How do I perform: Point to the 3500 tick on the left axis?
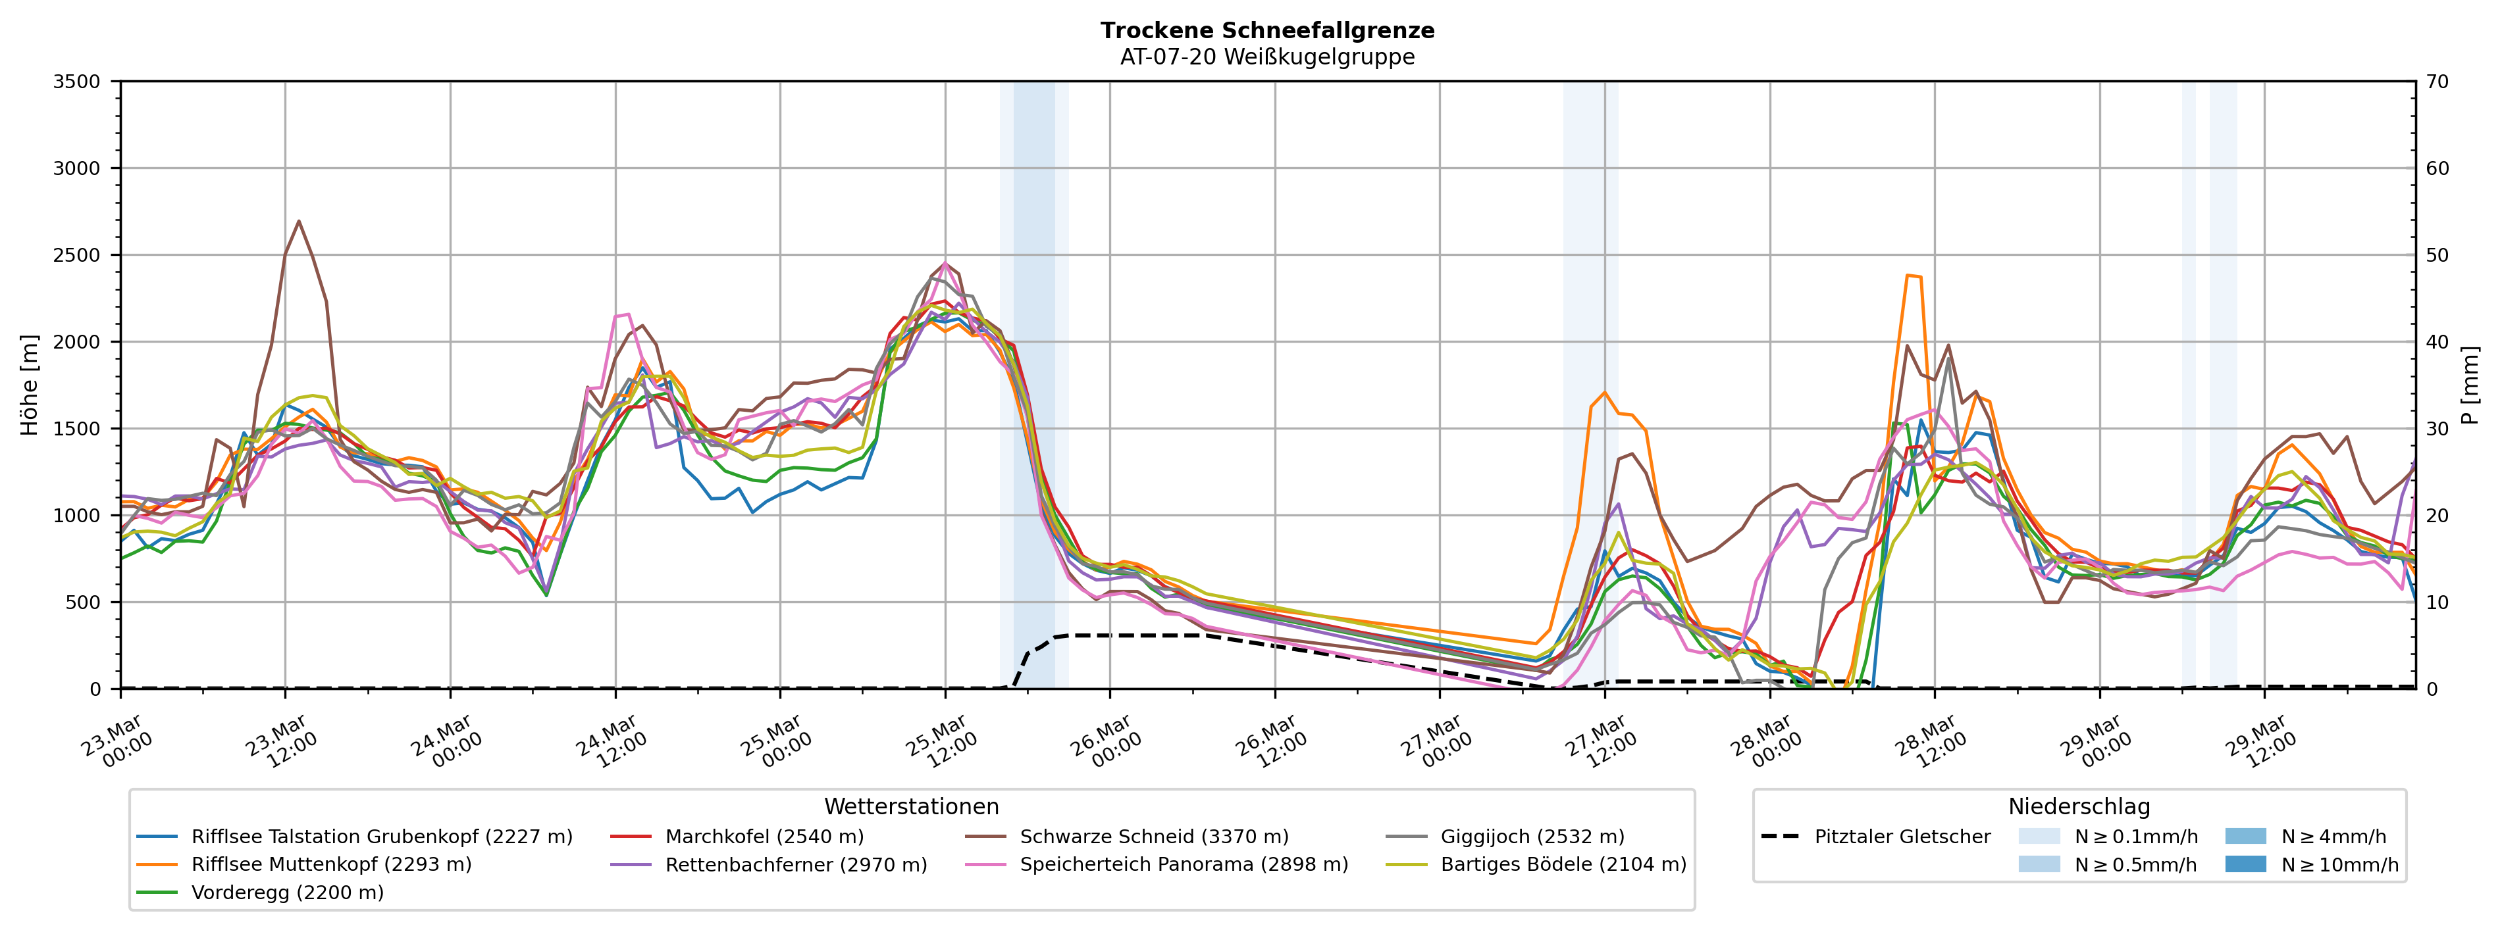click(x=77, y=82)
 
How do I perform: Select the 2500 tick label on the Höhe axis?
click(x=77, y=255)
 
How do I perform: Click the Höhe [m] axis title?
click(x=29, y=384)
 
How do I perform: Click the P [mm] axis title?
click(x=2470, y=384)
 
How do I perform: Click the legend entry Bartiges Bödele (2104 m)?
click(x=1563, y=865)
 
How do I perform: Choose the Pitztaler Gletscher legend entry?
click(x=1902, y=837)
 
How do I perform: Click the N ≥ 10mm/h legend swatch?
click(x=2245, y=864)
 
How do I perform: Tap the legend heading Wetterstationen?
click(x=911, y=807)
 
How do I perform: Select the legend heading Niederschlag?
click(x=2079, y=807)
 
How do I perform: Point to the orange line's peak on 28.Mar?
click(x=1908, y=275)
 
